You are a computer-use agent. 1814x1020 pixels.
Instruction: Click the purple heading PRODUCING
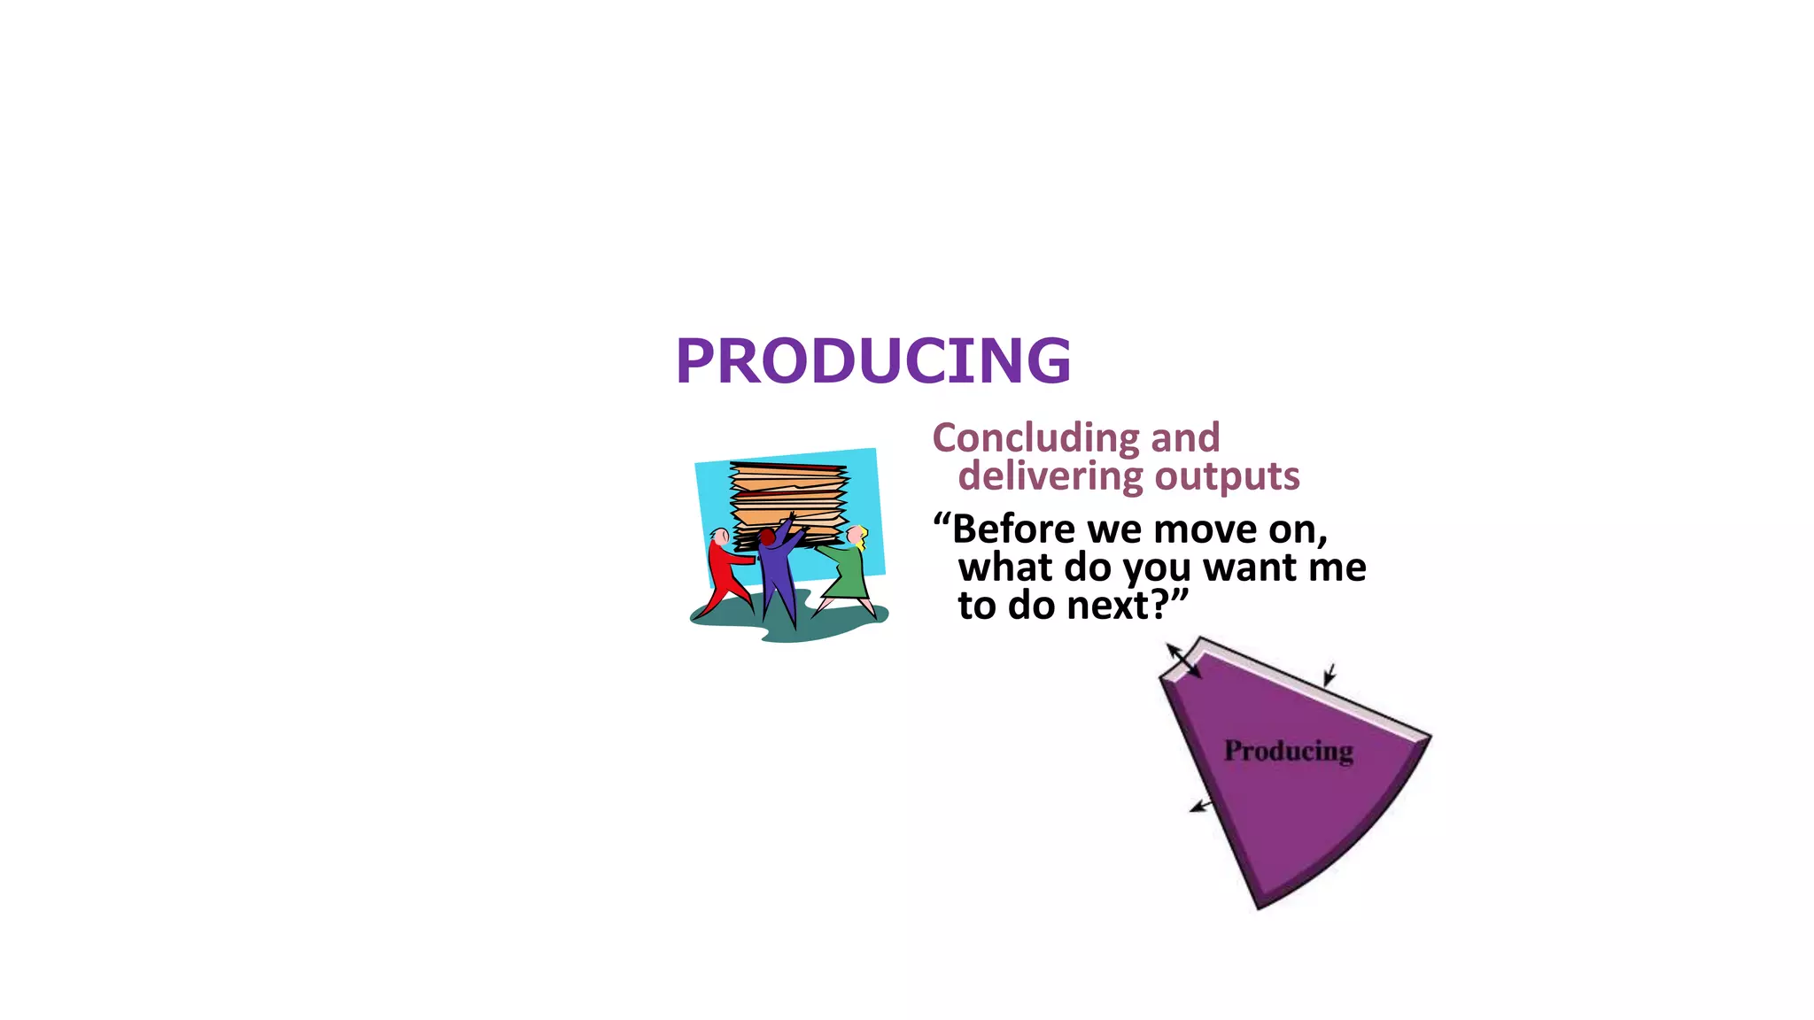pyautogui.click(x=872, y=361)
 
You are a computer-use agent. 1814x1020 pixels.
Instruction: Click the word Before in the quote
pyautogui.click(x=1013, y=529)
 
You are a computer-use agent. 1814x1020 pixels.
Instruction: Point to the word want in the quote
pyautogui.click(x=1250, y=568)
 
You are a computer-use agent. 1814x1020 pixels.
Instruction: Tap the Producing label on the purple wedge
pyautogui.click(x=1288, y=751)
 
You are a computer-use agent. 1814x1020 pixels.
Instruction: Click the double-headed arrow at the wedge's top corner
pyautogui.click(x=1183, y=661)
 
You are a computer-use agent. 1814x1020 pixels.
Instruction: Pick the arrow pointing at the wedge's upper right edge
pyautogui.click(x=1329, y=676)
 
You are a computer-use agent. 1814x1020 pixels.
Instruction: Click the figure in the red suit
pyautogui.click(x=726, y=571)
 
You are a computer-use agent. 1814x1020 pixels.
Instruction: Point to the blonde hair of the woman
pyautogui.click(x=861, y=534)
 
